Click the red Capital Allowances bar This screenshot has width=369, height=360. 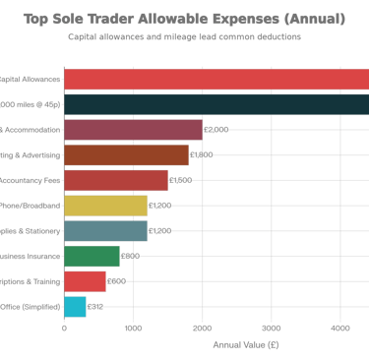click(x=215, y=80)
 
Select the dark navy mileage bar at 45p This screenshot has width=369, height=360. click(x=215, y=104)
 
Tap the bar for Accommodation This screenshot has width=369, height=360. click(x=133, y=130)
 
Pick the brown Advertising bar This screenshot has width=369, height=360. click(x=126, y=155)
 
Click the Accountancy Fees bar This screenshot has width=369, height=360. click(x=115, y=180)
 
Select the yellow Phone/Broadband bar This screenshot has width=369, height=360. click(x=105, y=206)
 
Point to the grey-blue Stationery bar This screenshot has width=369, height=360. click(x=105, y=230)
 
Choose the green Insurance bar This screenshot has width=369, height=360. click(x=92, y=256)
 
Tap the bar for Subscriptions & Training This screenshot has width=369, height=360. click(x=85, y=281)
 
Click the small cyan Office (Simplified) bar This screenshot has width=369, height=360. click(x=75, y=306)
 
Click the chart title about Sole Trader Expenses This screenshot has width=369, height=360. click(x=184, y=18)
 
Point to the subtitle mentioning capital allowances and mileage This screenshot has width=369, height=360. click(x=184, y=36)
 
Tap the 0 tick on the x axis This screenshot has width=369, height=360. click(x=64, y=329)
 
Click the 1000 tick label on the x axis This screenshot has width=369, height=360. click(x=133, y=329)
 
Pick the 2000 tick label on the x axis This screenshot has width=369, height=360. click(x=202, y=329)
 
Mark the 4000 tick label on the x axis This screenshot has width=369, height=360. click(x=340, y=329)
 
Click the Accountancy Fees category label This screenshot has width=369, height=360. click(x=31, y=180)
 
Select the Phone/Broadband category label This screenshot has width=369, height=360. click(x=31, y=206)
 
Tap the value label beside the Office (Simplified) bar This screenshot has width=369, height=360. click(x=95, y=306)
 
